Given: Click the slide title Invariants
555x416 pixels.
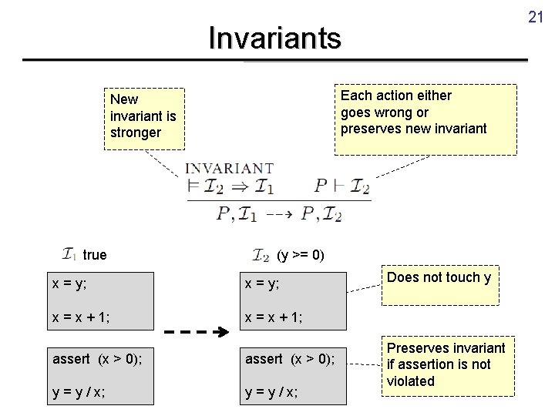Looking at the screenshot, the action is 274,37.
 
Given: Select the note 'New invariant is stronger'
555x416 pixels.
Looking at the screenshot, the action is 144,116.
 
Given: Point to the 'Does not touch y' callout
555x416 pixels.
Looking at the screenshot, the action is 438,278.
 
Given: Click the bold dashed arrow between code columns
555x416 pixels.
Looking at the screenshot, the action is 198,333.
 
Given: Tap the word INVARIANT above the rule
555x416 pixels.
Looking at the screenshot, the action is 230,168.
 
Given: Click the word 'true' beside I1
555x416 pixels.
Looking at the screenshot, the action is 95,255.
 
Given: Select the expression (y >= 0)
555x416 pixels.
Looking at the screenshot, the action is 300,255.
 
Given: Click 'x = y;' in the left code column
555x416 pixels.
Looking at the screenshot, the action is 69,283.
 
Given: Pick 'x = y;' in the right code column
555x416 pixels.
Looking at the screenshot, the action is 262,283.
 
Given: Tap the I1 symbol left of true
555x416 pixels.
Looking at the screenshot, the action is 69,254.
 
